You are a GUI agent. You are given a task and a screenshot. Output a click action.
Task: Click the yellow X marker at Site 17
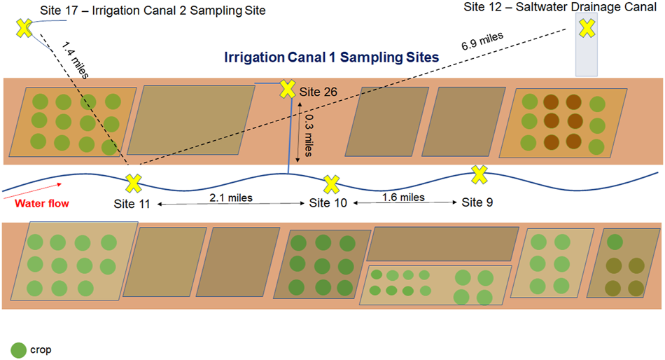(x=24, y=29)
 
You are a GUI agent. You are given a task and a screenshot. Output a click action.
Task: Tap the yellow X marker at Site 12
(x=587, y=28)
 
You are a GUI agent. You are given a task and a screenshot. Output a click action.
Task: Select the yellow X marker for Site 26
(x=287, y=89)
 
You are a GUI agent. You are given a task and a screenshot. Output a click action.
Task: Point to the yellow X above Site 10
(x=330, y=185)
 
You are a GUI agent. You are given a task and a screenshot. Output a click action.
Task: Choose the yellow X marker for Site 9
(x=479, y=174)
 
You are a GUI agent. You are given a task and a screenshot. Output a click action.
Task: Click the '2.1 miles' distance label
(x=230, y=198)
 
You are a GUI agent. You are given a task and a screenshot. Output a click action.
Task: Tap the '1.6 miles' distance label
(x=403, y=198)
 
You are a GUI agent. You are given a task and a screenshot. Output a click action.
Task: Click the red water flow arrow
(x=35, y=188)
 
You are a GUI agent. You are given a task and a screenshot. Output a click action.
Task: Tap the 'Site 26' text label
(x=318, y=92)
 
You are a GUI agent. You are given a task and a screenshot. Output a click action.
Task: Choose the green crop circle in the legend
(x=18, y=349)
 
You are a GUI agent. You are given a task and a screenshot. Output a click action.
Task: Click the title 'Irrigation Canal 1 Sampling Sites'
(x=331, y=57)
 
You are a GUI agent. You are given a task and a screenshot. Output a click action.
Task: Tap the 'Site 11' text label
(x=132, y=204)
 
